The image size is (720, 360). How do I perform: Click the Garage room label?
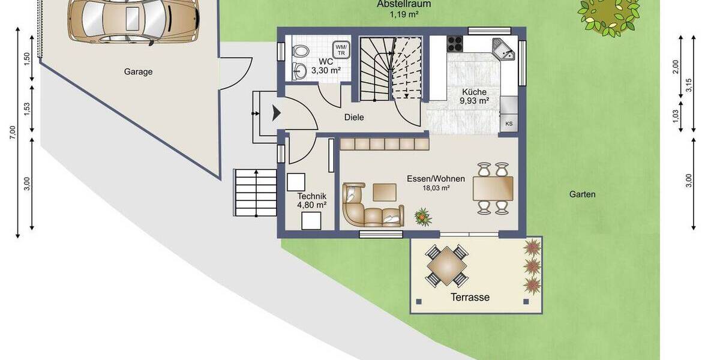[x=138, y=71]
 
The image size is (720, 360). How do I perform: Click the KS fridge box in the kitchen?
[x=509, y=124]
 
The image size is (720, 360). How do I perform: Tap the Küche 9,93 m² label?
[x=475, y=96]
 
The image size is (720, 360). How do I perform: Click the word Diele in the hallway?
[x=354, y=118]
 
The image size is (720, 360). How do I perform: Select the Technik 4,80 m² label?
[x=311, y=200]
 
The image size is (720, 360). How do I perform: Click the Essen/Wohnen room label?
[x=428, y=179]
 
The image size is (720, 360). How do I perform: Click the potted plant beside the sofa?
[x=423, y=216]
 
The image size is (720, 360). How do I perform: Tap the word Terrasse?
[x=470, y=297]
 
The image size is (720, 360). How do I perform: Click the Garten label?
[x=582, y=194]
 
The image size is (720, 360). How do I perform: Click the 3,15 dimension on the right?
[x=689, y=86]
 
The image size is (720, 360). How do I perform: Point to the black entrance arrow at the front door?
[x=277, y=112]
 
